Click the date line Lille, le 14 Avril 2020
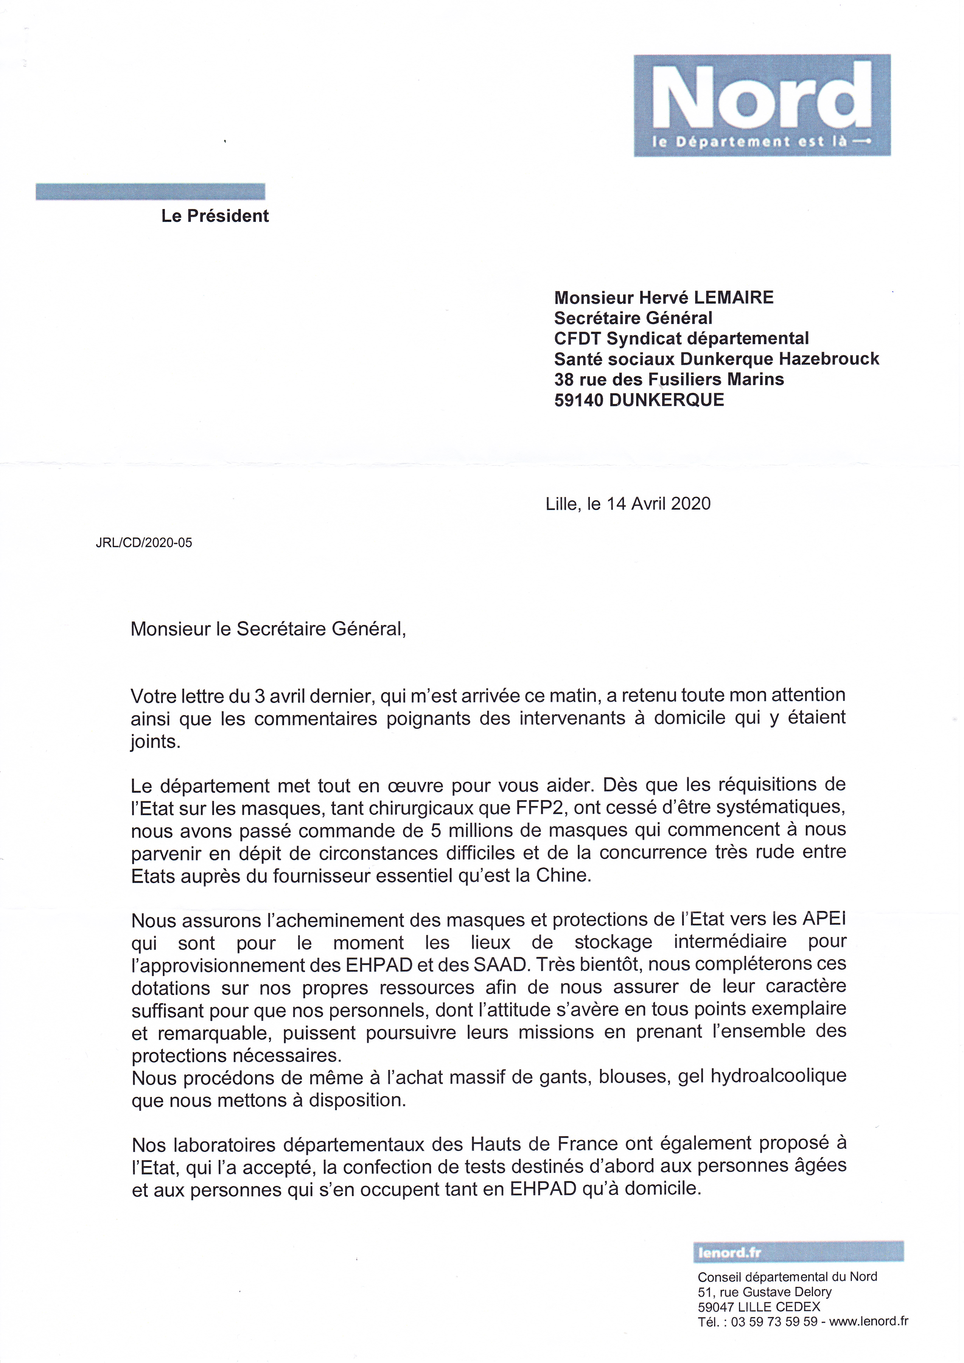click(628, 504)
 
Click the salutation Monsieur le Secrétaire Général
click(268, 629)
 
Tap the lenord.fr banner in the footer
click(798, 1253)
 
